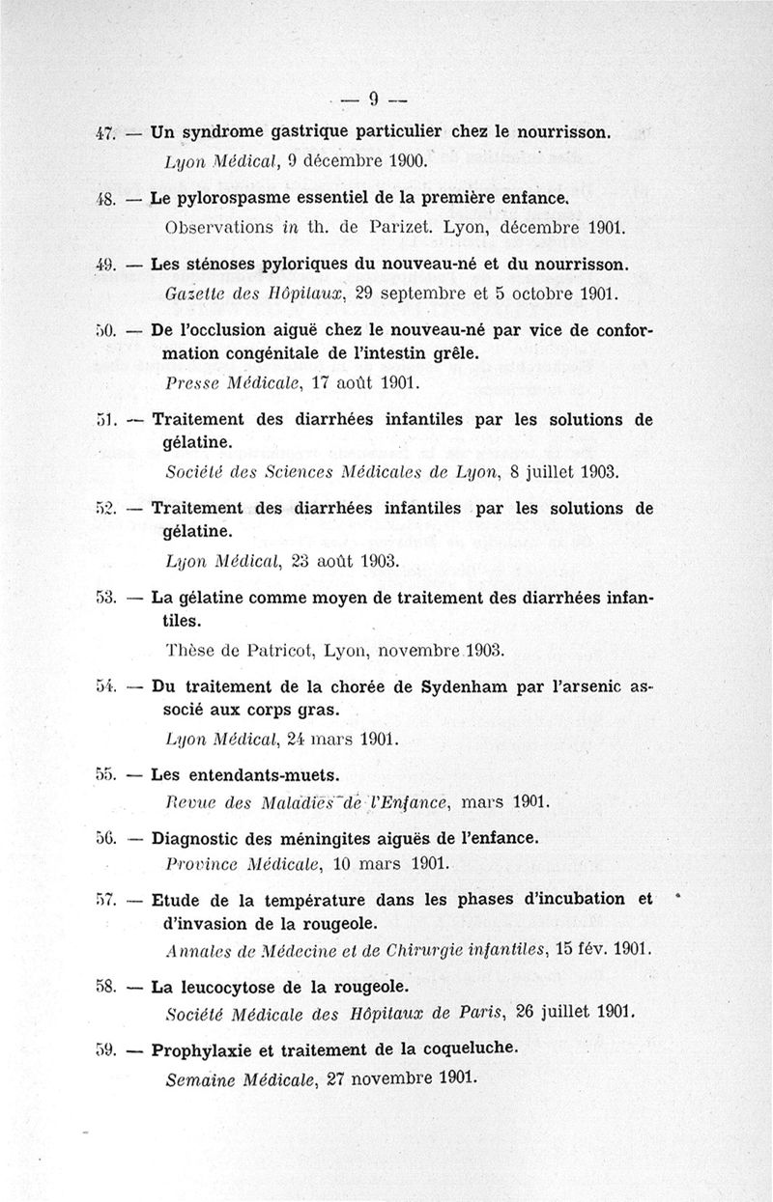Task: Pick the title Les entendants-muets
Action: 245,774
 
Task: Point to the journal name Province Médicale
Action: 243,861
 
